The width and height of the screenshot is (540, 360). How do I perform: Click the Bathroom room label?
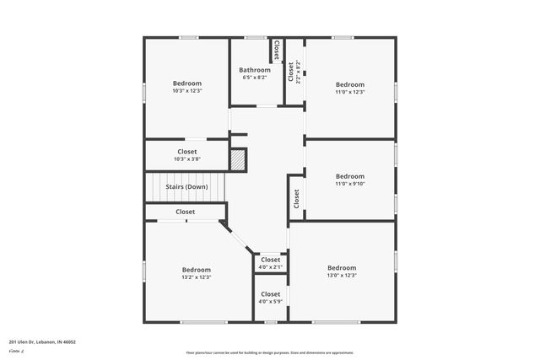point(254,70)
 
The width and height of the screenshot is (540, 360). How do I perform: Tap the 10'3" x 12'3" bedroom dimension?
point(187,91)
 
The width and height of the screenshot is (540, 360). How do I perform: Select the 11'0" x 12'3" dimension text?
point(350,92)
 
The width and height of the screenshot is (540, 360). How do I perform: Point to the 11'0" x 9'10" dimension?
point(350,184)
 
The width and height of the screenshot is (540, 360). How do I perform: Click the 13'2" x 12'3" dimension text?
point(196,277)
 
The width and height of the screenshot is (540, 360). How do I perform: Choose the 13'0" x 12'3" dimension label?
point(342,276)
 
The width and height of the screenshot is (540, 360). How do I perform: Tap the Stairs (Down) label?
point(186,186)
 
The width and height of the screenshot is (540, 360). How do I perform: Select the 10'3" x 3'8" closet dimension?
point(187,159)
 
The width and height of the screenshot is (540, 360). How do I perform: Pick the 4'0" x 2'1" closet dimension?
point(270,267)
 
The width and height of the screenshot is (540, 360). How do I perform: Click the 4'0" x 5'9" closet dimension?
point(270,301)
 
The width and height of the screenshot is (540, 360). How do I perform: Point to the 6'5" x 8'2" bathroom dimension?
point(254,78)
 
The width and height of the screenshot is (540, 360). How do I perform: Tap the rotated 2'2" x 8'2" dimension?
point(297,72)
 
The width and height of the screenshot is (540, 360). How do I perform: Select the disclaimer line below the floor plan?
point(270,352)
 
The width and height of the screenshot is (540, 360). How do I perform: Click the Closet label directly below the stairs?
point(186,212)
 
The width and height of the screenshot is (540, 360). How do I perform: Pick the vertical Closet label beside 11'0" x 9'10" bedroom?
point(296,198)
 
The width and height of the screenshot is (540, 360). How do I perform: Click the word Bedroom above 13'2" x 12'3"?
point(196,269)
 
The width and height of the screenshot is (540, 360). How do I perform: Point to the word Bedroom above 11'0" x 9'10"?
point(350,176)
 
